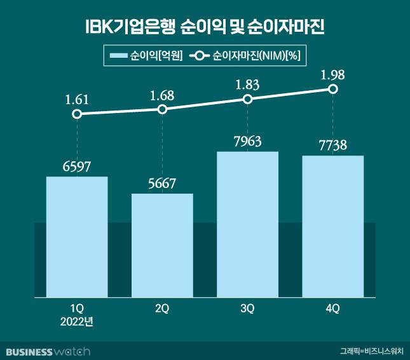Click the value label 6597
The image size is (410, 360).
[x=77, y=167]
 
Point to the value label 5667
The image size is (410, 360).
[x=162, y=184]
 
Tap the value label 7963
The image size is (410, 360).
[x=247, y=142]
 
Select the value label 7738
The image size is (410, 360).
[x=332, y=145]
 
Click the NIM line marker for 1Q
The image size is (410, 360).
[x=77, y=114]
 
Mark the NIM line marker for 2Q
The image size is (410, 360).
[x=162, y=109]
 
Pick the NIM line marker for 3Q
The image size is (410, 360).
[x=247, y=100]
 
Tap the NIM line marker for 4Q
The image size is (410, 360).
[x=332, y=90]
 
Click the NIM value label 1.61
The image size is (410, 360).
[x=77, y=99]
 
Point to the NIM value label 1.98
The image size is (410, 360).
[x=332, y=76]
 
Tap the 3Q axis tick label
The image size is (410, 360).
[x=247, y=309]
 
